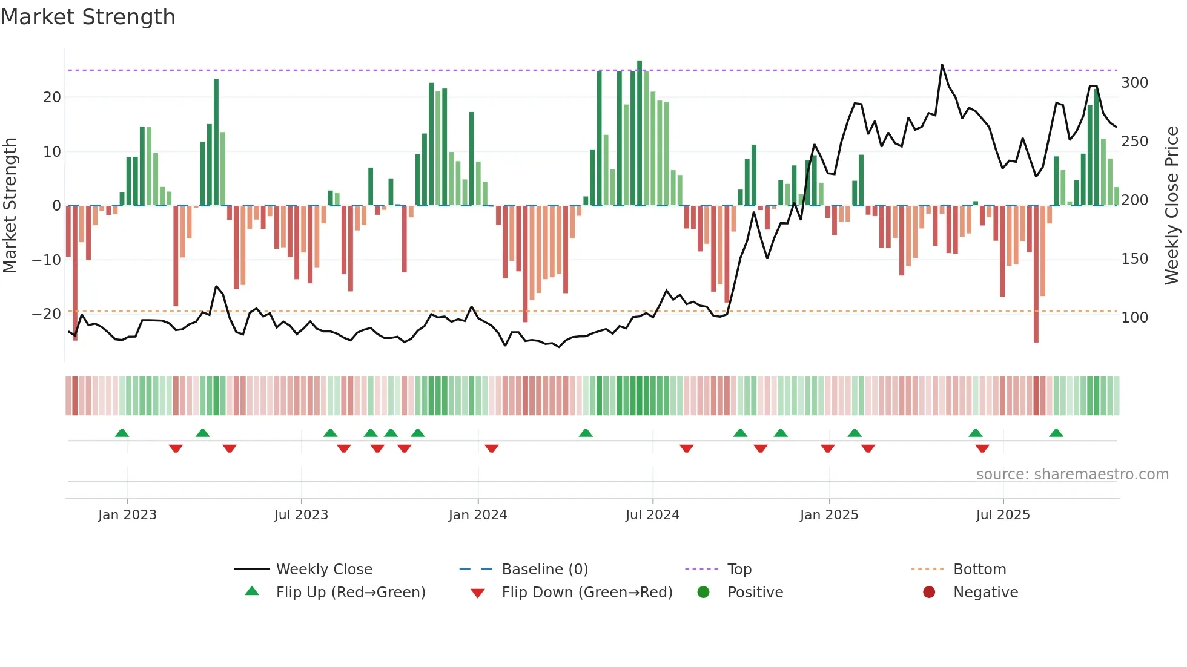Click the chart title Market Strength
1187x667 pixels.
pyautogui.click(x=88, y=17)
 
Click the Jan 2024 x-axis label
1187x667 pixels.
pyautogui.click(x=478, y=514)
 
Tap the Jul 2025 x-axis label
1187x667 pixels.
pyautogui.click(x=1003, y=514)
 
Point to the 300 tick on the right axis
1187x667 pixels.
pyautogui.click(x=1134, y=83)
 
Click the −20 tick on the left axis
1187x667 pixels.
pyautogui.click(x=47, y=314)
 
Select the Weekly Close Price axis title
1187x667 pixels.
pyautogui.click(x=1172, y=206)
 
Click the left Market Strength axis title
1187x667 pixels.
pyautogui.click(x=10, y=206)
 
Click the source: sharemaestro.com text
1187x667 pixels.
pyautogui.click(x=1072, y=475)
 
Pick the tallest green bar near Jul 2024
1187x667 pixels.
pyautogui.click(x=640, y=133)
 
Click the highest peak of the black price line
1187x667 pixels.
pyautogui.click(x=942, y=65)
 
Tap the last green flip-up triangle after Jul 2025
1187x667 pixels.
pyautogui.click(x=1056, y=433)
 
